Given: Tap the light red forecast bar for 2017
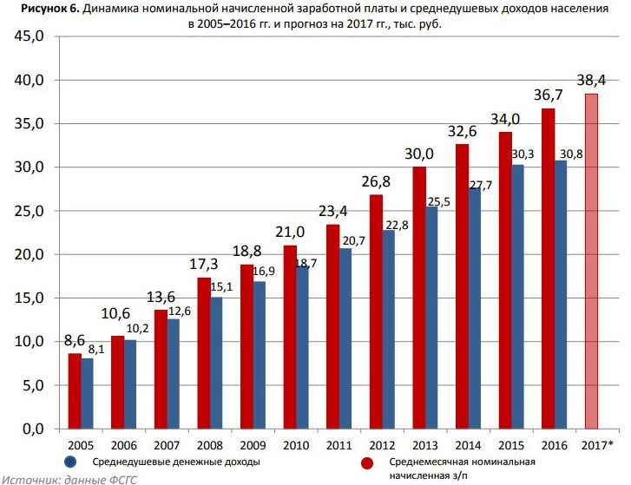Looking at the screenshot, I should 591,260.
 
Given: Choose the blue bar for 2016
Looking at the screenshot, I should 560,294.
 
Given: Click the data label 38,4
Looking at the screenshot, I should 591,81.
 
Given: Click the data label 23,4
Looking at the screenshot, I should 332,211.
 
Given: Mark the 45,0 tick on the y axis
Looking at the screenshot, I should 27,37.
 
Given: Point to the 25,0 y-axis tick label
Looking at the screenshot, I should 27,211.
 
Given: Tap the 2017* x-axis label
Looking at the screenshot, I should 596,445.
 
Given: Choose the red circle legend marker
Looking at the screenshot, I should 367,462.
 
